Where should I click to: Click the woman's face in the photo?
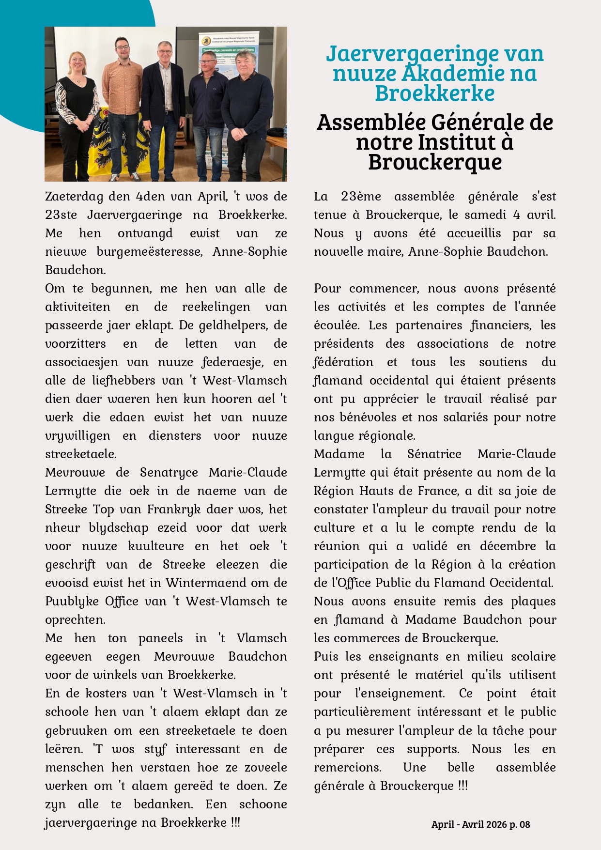click(78, 62)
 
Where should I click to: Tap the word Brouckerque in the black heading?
click(434, 162)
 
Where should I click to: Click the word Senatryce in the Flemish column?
click(169, 473)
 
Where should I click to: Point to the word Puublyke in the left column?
click(72, 602)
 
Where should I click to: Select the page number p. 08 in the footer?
click(519, 824)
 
